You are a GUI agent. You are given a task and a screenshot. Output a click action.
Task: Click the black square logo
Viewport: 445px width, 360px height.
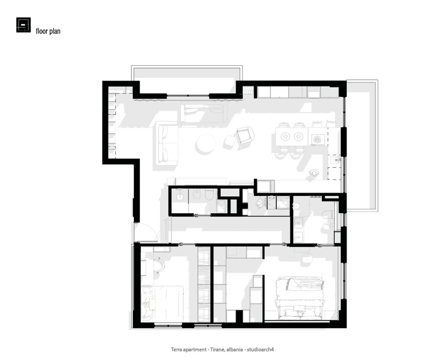23,25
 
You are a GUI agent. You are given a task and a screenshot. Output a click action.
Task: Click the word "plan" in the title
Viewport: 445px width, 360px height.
55,31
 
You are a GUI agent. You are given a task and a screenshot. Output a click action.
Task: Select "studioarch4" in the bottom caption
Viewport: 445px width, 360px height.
260,349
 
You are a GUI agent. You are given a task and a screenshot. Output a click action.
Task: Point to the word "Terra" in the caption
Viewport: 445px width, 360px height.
176,349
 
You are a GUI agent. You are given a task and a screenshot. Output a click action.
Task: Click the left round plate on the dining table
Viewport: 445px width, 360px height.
285,136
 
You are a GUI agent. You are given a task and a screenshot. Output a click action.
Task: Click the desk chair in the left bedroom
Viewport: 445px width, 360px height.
159,265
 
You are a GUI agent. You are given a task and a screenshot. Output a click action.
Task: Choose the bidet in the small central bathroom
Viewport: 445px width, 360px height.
196,195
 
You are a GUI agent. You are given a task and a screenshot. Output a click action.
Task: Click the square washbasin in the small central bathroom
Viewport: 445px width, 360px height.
180,196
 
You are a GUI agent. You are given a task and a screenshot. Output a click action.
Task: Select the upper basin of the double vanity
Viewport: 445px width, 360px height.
298,222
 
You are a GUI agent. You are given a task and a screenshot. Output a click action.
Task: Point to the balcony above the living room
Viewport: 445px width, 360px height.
187,81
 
